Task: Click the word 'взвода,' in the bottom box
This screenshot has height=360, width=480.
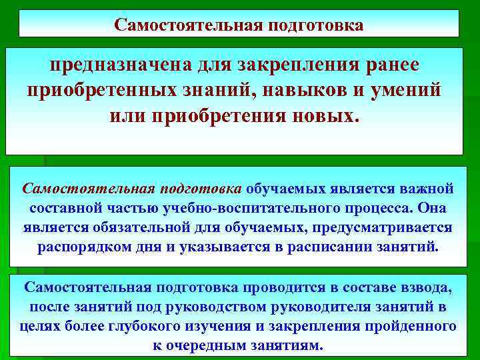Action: click(427, 287)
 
